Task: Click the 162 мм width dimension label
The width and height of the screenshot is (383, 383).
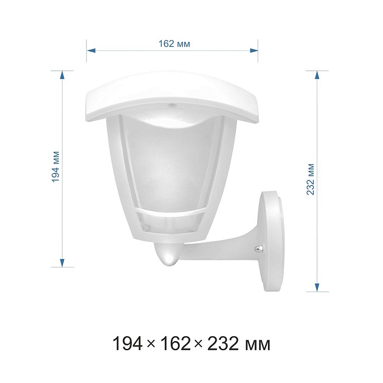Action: point(174,44)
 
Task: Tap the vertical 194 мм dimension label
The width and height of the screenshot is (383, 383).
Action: point(56,167)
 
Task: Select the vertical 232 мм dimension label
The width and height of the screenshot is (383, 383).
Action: point(310,179)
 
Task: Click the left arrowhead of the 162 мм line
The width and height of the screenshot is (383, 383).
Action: point(91,51)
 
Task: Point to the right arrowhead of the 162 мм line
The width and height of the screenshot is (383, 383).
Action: point(254,50)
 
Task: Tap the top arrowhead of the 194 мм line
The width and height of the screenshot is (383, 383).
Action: point(62,75)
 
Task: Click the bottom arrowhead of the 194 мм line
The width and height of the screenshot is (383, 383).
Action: point(62,263)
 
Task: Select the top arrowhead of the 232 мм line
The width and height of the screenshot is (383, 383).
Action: point(317,75)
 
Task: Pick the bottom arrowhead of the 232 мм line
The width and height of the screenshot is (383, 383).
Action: point(317,287)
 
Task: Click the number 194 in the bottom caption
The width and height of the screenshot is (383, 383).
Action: point(128,343)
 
